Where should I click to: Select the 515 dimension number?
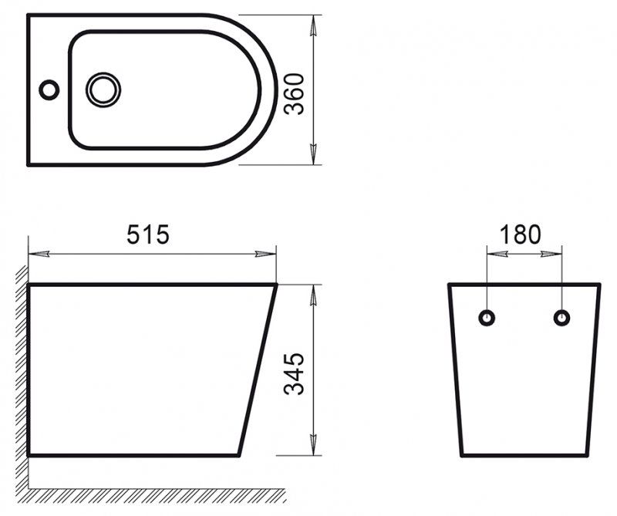[147, 234]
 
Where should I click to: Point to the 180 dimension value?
[521, 234]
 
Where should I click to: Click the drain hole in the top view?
[103, 89]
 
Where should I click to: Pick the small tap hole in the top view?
[49, 89]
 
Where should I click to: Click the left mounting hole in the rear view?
[487, 317]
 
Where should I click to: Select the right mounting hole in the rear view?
[562, 317]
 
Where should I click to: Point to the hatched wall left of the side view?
[20, 370]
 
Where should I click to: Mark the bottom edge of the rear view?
[524, 455]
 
